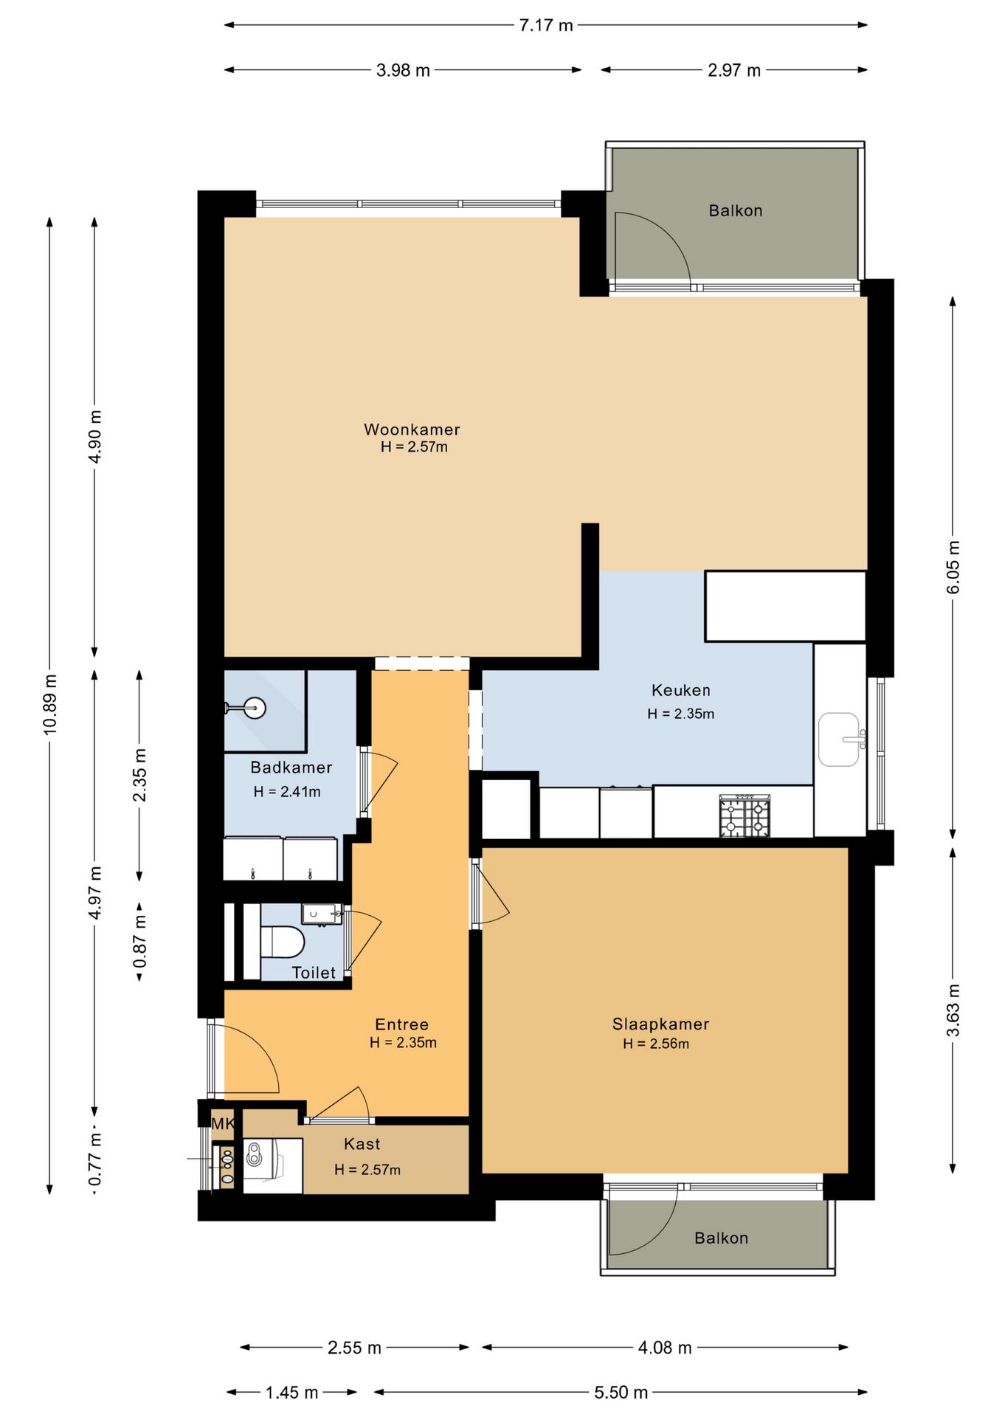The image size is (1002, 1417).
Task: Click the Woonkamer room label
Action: [412, 429]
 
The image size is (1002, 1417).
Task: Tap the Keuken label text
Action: [681, 690]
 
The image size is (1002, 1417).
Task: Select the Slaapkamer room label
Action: [660, 1024]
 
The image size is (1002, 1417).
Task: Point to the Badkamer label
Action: [291, 767]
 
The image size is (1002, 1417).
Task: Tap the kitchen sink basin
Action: [839, 739]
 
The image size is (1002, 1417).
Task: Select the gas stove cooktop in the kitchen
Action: [744, 816]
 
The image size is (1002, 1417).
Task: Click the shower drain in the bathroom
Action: [255, 708]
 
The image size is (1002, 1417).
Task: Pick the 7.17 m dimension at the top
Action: [546, 25]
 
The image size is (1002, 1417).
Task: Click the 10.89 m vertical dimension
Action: [49, 704]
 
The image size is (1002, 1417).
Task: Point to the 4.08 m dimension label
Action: [665, 1348]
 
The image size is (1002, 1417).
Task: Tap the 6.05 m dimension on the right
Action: [953, 567]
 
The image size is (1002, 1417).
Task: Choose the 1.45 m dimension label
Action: [291, 1393]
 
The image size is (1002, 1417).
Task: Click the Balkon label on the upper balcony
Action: [736, 210]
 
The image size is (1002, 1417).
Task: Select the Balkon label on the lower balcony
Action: [721, 1238]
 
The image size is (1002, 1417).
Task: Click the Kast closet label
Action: [362, 1144]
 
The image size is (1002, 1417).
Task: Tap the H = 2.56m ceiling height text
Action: [656, 1044]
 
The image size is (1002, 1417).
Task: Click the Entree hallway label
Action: [401, 1024]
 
